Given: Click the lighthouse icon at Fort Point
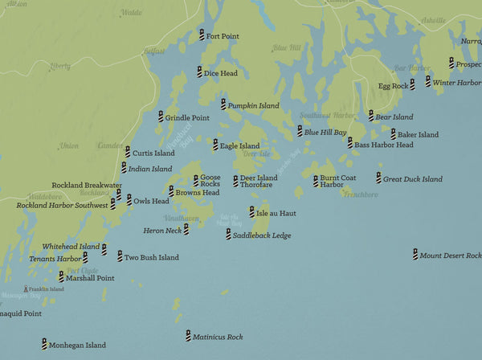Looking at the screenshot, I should point(202,35).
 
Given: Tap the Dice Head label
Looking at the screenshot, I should point(221,73).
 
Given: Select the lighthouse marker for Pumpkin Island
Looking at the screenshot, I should point(223,104).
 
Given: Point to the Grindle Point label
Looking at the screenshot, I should point(187,117).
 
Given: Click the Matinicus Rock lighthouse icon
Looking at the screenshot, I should point(188,337).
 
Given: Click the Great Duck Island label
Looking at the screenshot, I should point(413,179).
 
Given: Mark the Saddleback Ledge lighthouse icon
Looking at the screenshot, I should point(228,235).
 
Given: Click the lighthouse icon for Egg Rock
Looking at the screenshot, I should point(412,84).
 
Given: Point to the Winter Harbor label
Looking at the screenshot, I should point(455,82).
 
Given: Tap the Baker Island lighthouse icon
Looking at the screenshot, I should point(394,134).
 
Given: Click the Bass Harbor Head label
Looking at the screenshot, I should point(384,145).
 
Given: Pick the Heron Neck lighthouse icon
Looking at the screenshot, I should point(186,229).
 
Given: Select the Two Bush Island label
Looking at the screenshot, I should point(151,258).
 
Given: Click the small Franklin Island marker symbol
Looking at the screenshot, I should point(27,288).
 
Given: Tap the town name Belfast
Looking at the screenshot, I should point(153,51).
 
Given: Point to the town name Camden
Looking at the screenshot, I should point(110,145).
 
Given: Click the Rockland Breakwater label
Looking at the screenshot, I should point(87,185).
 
